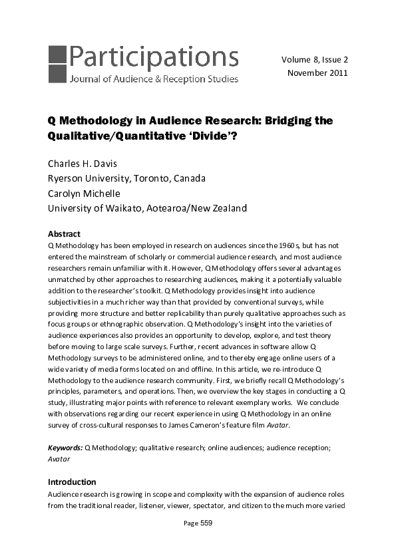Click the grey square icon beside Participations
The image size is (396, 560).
coord(57,63)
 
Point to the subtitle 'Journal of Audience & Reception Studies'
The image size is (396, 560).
coord(153,80)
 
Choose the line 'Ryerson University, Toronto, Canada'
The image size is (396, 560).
coord(126,178)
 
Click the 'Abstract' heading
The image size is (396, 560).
coord(64,234)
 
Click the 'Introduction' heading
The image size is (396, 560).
coord(72,482)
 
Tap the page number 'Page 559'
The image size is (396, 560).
coord(198,523)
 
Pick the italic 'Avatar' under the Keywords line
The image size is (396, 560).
coord(59,459)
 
